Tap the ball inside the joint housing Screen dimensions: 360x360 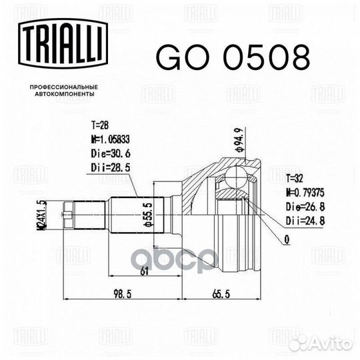(x=234, y=177)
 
